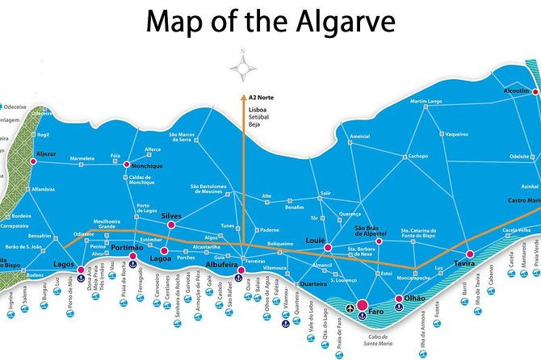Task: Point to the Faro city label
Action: (x=375, y=312)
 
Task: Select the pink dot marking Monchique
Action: (x=127, y=165)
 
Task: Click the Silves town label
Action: (x=172, y=216)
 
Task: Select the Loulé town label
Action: (x=315, y=241)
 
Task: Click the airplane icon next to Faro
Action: (x=350, y=308)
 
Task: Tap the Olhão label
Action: (x=415, y=299)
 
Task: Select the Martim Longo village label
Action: (x=426, y=102)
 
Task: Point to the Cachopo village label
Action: (x=417, y=156)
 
